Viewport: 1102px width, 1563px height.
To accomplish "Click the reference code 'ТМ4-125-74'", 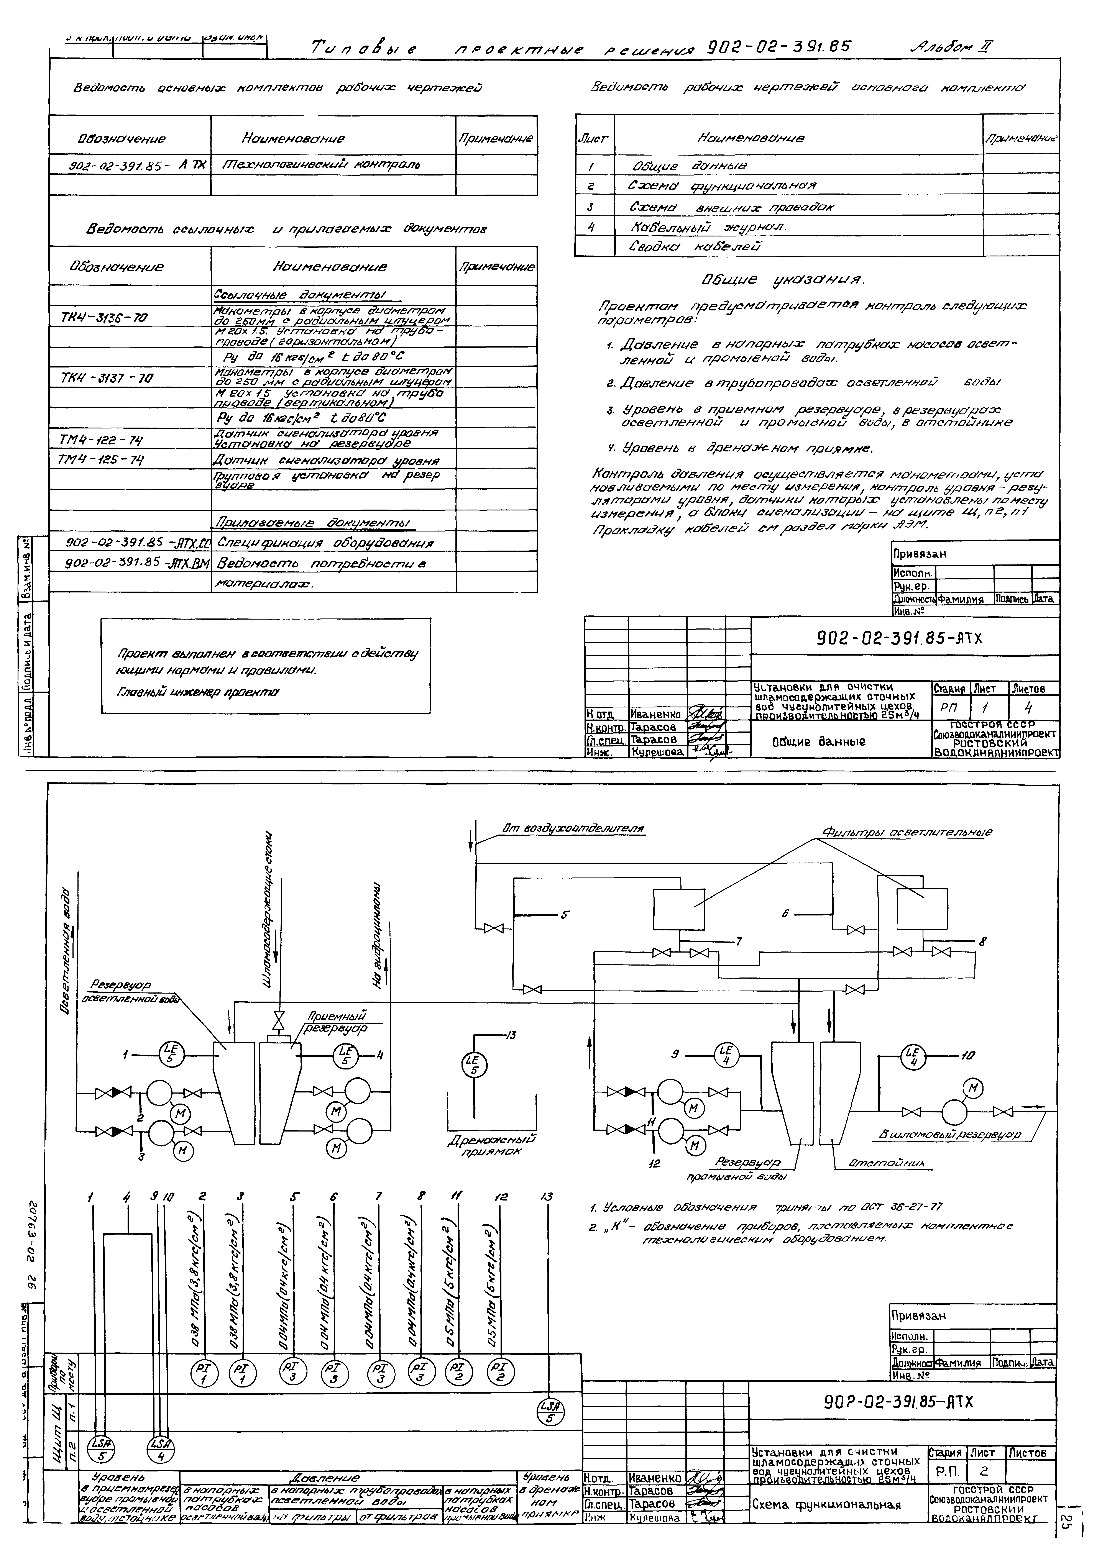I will pos(101,460).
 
